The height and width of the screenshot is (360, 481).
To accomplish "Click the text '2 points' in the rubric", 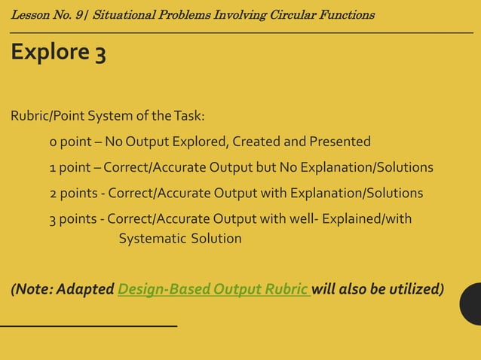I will point(75,193).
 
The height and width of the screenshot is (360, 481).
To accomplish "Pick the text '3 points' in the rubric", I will point(75,218).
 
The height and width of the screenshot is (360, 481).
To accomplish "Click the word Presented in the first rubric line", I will point(339,142).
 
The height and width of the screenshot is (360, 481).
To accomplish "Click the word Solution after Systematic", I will point(216,239).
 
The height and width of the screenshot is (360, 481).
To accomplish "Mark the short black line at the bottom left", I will point(88,325).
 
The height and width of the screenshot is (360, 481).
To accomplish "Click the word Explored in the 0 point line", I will point(203,142).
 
